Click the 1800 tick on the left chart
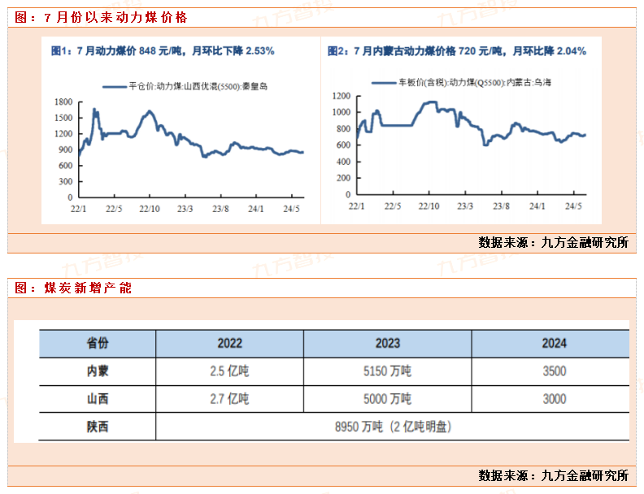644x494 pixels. [x=63, y=102]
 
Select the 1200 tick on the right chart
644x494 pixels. [x=341, y=96]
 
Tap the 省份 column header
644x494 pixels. [x=98, y=343]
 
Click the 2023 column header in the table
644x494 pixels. [x=388, y=343]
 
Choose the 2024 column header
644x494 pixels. [x=555, y=343]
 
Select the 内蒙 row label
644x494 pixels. [x=98, y=371]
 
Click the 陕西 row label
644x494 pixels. [x=98, y=427]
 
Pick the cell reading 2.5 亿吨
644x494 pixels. [x=229, y=371]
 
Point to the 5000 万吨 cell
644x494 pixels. [x=388, y=399]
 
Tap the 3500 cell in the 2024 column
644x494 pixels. [x=555, y=371]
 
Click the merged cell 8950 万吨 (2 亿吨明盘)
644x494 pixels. [x=388, y=427]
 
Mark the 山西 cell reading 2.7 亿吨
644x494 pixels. [x=229, y=399]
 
